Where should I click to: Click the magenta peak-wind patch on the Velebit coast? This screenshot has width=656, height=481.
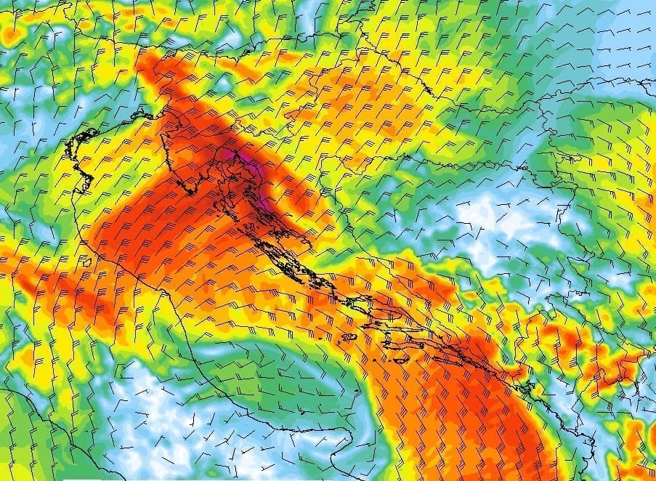pos(234,155)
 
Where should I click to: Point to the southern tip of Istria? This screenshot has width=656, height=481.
pos(190,193)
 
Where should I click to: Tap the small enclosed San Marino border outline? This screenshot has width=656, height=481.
pos(87,261)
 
